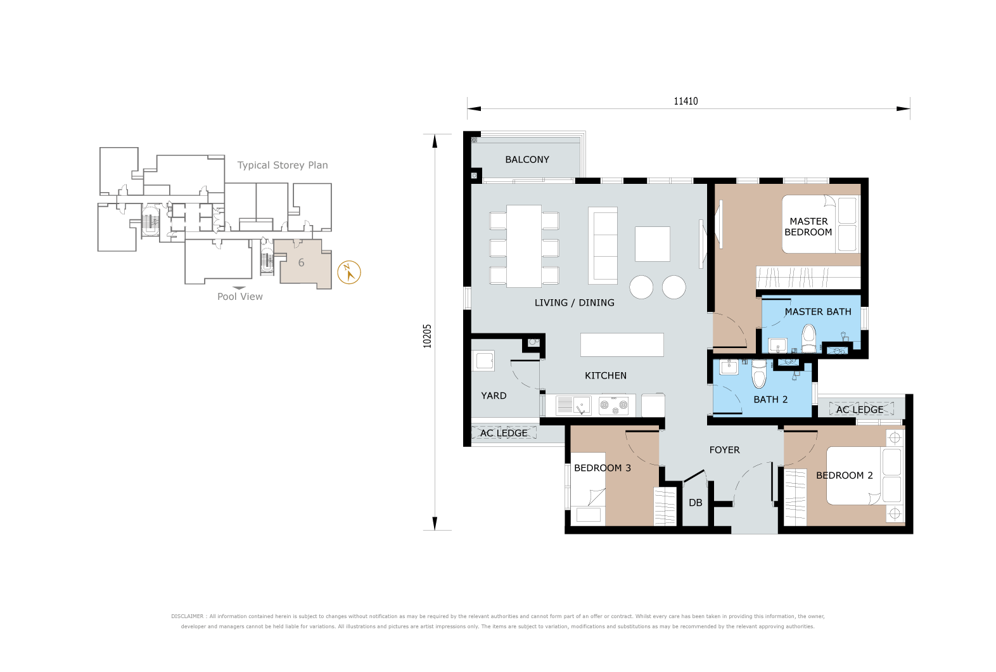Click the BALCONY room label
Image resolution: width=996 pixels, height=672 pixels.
pyautogui.click(x=527, y=159)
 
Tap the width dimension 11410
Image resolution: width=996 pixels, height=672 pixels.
pyautogui.click(x=686, y=101)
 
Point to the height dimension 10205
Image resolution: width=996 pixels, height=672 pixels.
pyautogui.click(x=427, y=336)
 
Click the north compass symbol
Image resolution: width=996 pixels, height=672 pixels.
pyautogui.click(x=349, y=273)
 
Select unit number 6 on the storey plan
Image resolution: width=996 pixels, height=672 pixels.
pyautogui.click(x=301, y=262)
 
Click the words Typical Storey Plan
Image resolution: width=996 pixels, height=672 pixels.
pyautogui.click(x=283, y=165)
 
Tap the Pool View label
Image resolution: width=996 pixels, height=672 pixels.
pyautogui.click(x=239, y=297)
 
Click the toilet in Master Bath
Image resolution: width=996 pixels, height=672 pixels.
pyautogui.click(x=809, y=339)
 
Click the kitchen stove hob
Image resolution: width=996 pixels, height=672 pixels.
pyautogui.click(x=613, y=405)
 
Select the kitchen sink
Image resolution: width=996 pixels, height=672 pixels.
pyautogui.click(x=573, y=406)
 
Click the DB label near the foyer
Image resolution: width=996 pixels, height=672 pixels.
pyautogui.click(x=696, y=503)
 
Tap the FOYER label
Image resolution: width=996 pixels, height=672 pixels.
pyautogui.click(x=724, y=450)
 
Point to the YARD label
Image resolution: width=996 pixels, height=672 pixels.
pyautogui.click(x=494, y=396)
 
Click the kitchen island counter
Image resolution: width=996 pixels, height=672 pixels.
pyautogui.click(x=622, y=345)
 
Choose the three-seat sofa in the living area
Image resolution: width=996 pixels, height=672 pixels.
pyautogui.click(x=603, y=245)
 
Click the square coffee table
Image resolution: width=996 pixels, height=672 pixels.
pyautogui.click(x=653, y=244)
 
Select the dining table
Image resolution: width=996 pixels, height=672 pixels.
pyautogui.click(x=524, y=246)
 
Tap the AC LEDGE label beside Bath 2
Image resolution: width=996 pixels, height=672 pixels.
pyautogui.click(x=860, y=410)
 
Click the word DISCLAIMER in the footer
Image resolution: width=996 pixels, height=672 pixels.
pyautogui.click(x=187, y=616)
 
